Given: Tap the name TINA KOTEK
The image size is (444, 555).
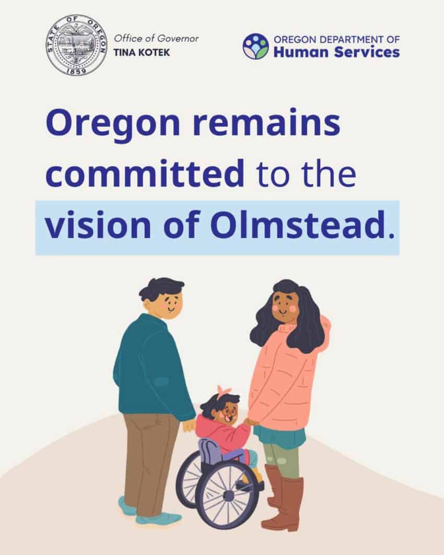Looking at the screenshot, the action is click(142, 52).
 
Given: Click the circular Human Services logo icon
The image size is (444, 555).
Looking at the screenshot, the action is click(255, 46).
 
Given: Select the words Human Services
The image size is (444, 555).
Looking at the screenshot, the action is click(337, 52).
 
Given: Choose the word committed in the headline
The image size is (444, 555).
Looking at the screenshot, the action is click(145, 173).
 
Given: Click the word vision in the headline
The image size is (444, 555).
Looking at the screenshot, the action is click(98, 225).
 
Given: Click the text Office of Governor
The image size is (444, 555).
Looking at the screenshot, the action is click(156, 38).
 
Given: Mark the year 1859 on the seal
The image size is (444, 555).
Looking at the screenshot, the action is click(76, 71).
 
